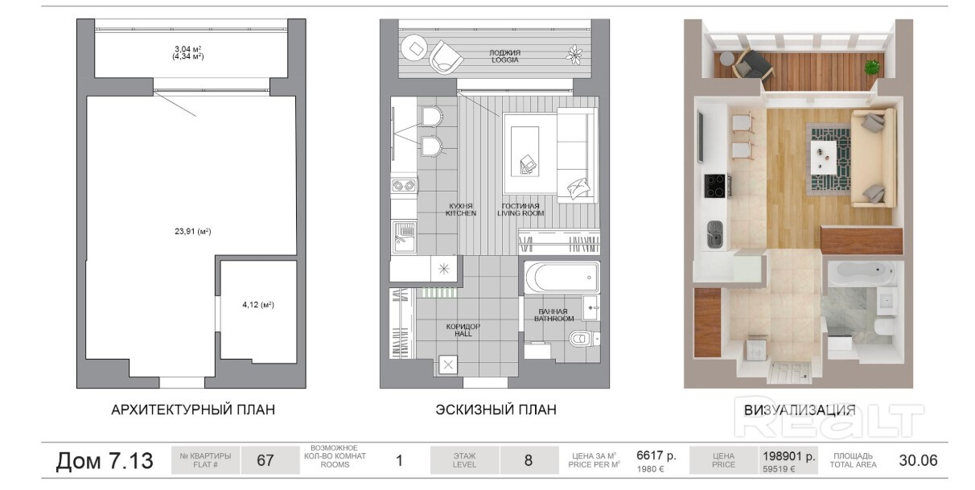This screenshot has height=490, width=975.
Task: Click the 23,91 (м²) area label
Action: tap(193, 232)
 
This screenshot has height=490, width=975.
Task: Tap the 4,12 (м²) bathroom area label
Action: tap(258, 305)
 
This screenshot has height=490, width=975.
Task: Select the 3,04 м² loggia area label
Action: tap(187, 49)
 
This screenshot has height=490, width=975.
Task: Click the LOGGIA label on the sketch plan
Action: tap(505, 60)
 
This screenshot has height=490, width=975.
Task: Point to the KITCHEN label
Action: tap(461, 213)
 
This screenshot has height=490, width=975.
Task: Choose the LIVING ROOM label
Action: tap(520, 213)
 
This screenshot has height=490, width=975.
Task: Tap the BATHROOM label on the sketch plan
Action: tap(554, 319)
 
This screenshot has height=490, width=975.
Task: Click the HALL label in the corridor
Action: tap(463, 334)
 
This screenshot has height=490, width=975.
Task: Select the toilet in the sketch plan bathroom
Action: tap(583, 338)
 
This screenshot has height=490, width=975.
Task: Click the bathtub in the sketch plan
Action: tap(562, 278)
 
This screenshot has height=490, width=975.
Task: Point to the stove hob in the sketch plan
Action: tap(404, 186)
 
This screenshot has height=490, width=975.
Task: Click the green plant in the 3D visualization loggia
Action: tap(871, 68)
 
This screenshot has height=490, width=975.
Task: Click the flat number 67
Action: tap(265, 460)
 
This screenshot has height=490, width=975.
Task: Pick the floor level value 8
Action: tap(529, 460)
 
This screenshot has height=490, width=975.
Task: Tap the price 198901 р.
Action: tap(788, 456)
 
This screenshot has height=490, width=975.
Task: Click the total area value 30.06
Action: tap(919, 460)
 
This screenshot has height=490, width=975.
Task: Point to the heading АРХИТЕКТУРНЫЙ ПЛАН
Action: tap(193, 410)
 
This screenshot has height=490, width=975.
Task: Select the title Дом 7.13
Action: tap(105, 460)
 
